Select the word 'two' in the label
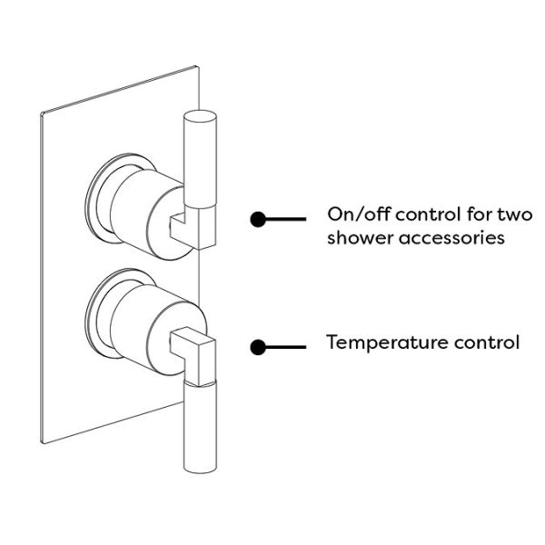point(514,215)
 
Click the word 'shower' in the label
point(358,239)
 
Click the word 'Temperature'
point(381,342)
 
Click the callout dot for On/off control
point(258,219)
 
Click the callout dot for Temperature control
point(258,346)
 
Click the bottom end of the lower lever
point(201,467)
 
